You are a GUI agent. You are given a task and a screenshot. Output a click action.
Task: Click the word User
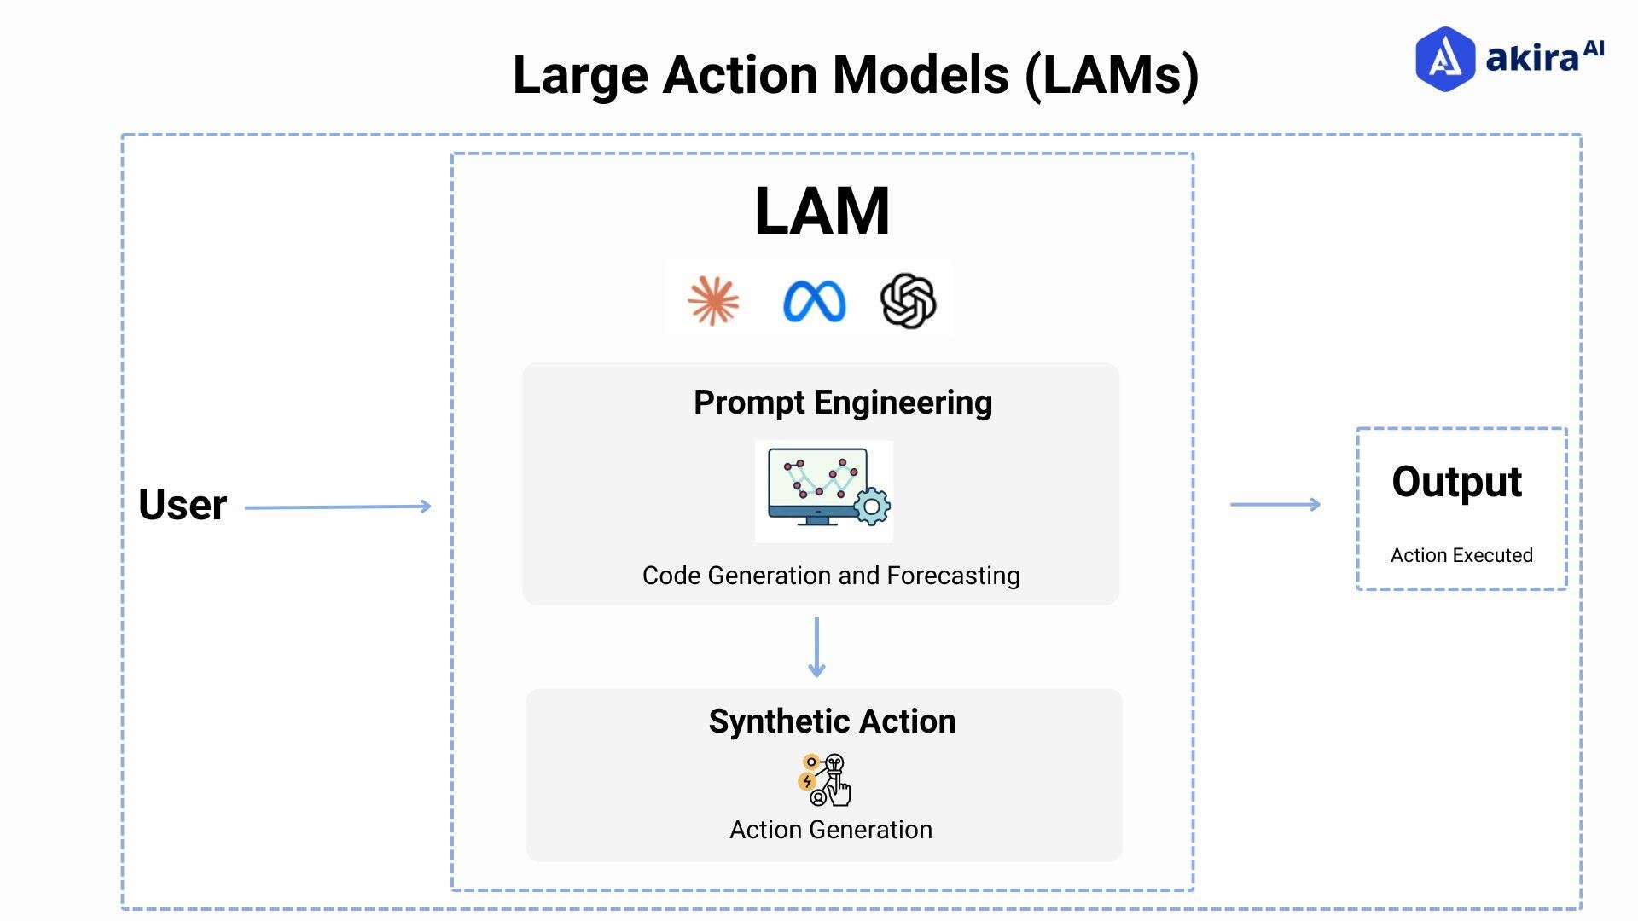[x=183, y=505]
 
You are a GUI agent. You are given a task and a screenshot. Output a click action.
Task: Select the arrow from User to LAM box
[x=338, y=507]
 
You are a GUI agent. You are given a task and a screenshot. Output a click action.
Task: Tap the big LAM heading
[x=822, y=211]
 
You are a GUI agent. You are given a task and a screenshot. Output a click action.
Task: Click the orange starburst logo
[x=713, y=301]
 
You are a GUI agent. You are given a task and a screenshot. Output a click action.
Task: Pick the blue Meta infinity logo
[x=814, y=302]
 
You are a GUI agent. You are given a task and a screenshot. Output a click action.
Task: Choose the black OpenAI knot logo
[x=908, y=301]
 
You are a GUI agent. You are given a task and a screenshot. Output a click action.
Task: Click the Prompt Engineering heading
[x=842, y=403]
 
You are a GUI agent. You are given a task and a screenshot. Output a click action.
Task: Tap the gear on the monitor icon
[x=872, y=507]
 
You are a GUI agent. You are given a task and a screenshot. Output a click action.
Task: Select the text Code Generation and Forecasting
[x=830, y=576]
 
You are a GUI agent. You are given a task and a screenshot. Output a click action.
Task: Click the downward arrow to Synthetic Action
[x=816, y=647]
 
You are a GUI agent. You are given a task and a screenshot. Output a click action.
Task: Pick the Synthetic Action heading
[x=832, y=721]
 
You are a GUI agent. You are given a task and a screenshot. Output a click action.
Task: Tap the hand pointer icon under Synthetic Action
[x=839, y=791]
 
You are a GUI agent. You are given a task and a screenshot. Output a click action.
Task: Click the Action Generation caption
[x=830, y=830]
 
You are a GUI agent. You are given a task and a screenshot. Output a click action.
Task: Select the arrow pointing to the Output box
[x=1275, y=505]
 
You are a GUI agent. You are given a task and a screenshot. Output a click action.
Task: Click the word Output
[x=1456, y=483]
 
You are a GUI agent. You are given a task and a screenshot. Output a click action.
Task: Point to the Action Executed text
[x=1461, y=555]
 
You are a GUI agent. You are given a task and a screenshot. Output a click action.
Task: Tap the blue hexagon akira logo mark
[x=1444, y=59]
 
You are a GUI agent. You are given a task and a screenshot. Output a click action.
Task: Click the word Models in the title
[x=921, y=75]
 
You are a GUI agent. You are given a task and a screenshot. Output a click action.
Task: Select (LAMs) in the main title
[x=1112, y=75]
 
